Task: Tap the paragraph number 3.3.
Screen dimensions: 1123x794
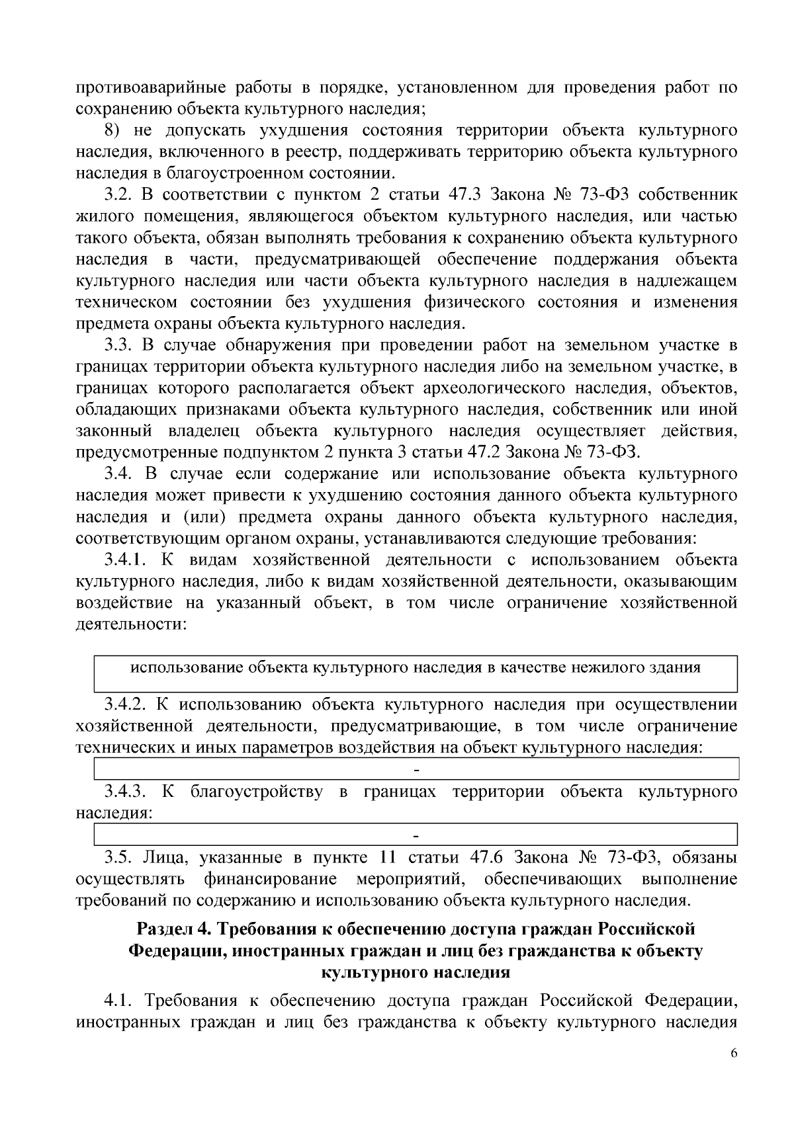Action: tap(118, 345)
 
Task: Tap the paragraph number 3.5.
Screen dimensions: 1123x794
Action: tap(118, 858)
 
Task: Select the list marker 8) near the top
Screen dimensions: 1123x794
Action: tap(116, 130)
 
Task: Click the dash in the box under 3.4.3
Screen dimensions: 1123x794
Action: tap(416, 835)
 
